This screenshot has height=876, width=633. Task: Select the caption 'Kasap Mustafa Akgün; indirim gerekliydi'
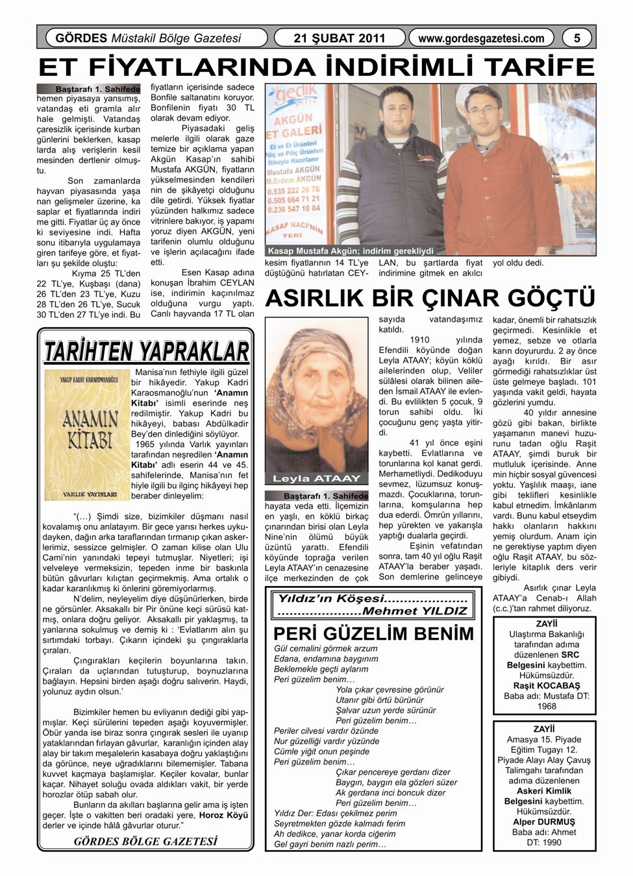click(351, 251)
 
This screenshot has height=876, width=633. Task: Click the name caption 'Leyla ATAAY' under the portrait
click(316, 479)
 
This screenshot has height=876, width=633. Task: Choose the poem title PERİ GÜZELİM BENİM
click(374, 633)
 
